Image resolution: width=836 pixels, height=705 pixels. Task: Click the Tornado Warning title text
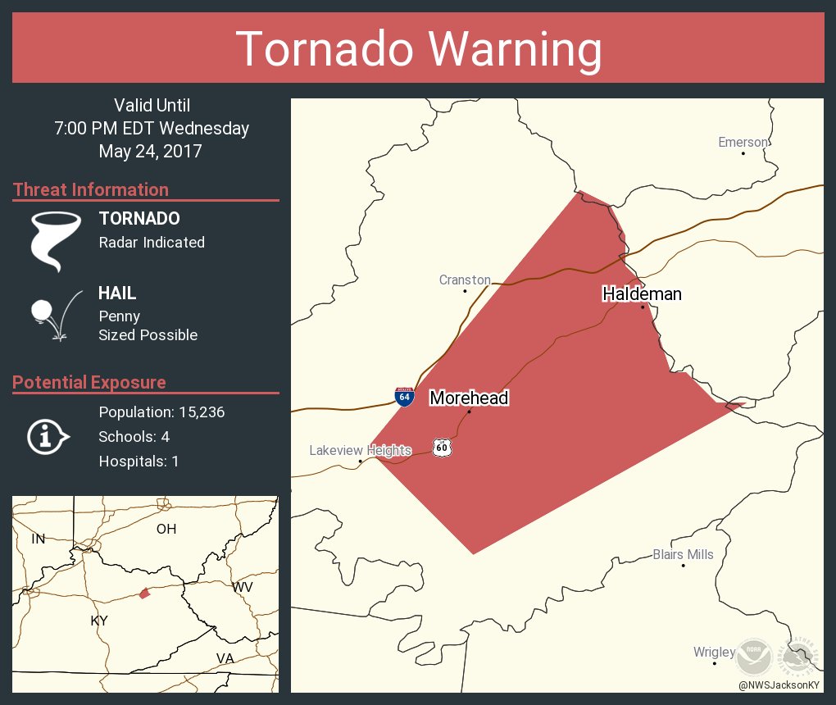(418, 49)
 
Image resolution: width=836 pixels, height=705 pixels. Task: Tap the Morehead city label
(469, 398)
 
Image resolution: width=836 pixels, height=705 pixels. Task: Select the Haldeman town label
(642, 293)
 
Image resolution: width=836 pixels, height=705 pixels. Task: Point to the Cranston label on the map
(465, 280)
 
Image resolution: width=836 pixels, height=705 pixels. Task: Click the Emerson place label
(743, 143)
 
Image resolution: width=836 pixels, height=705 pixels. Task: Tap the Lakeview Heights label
(360, 450)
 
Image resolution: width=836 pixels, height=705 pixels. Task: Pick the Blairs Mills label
(683, 555)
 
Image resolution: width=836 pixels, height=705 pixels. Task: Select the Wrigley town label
(714, 653)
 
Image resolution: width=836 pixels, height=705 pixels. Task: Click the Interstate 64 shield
(404, 397)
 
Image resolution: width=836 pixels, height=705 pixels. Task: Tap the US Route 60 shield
(442, 448)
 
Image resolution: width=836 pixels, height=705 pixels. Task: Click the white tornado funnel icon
(55, 239)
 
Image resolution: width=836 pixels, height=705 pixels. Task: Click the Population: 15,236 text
(161, 412)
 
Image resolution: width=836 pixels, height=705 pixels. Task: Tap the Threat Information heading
(91, 190)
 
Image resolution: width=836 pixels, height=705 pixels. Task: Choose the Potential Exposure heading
(89, 383)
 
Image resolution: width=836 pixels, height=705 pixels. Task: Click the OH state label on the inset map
(166, 529)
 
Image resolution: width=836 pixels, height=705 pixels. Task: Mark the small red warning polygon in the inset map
(144, 593)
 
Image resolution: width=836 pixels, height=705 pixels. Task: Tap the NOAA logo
(751, 657)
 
